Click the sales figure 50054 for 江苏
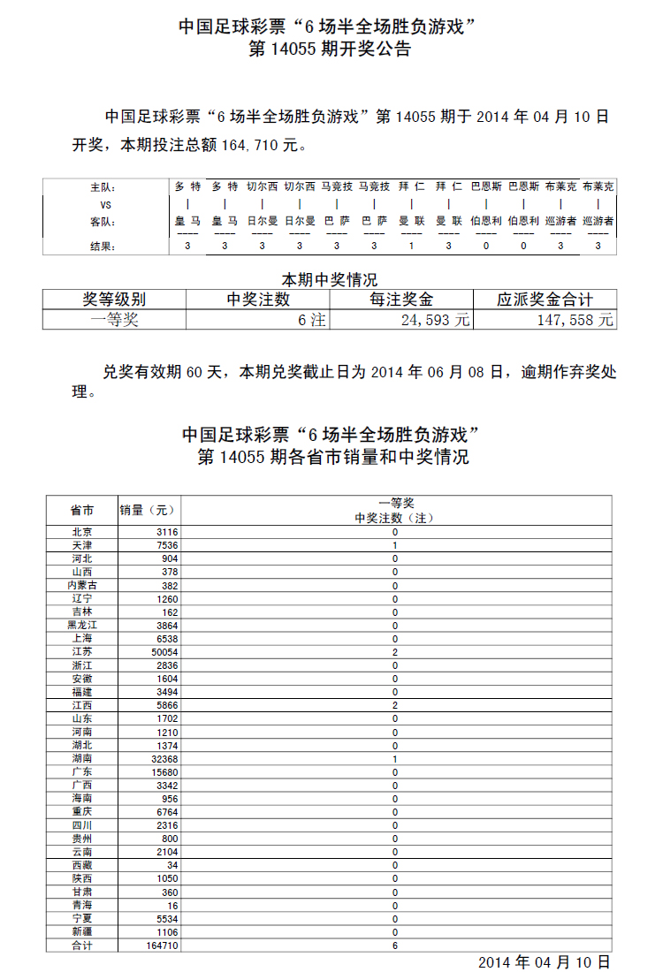coord(165,652)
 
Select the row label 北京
coord(82,532)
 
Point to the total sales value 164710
coord(163,945)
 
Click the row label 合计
coord(82,945)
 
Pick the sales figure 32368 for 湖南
coord(165,758)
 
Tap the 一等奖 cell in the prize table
coord(114,321)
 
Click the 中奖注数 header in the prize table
coord(257,300)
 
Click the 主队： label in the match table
coord(103,187)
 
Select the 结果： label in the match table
coord(103,247)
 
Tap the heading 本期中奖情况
coord(329,280)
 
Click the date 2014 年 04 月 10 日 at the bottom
coord(544,962)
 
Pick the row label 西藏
coord(82,865)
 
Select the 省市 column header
coord(82,510)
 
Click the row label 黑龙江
coord(82,625)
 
